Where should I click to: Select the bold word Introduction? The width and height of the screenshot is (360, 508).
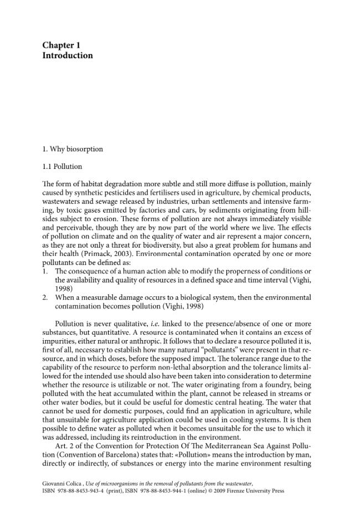68,56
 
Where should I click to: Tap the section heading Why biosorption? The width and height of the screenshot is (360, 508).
76,149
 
